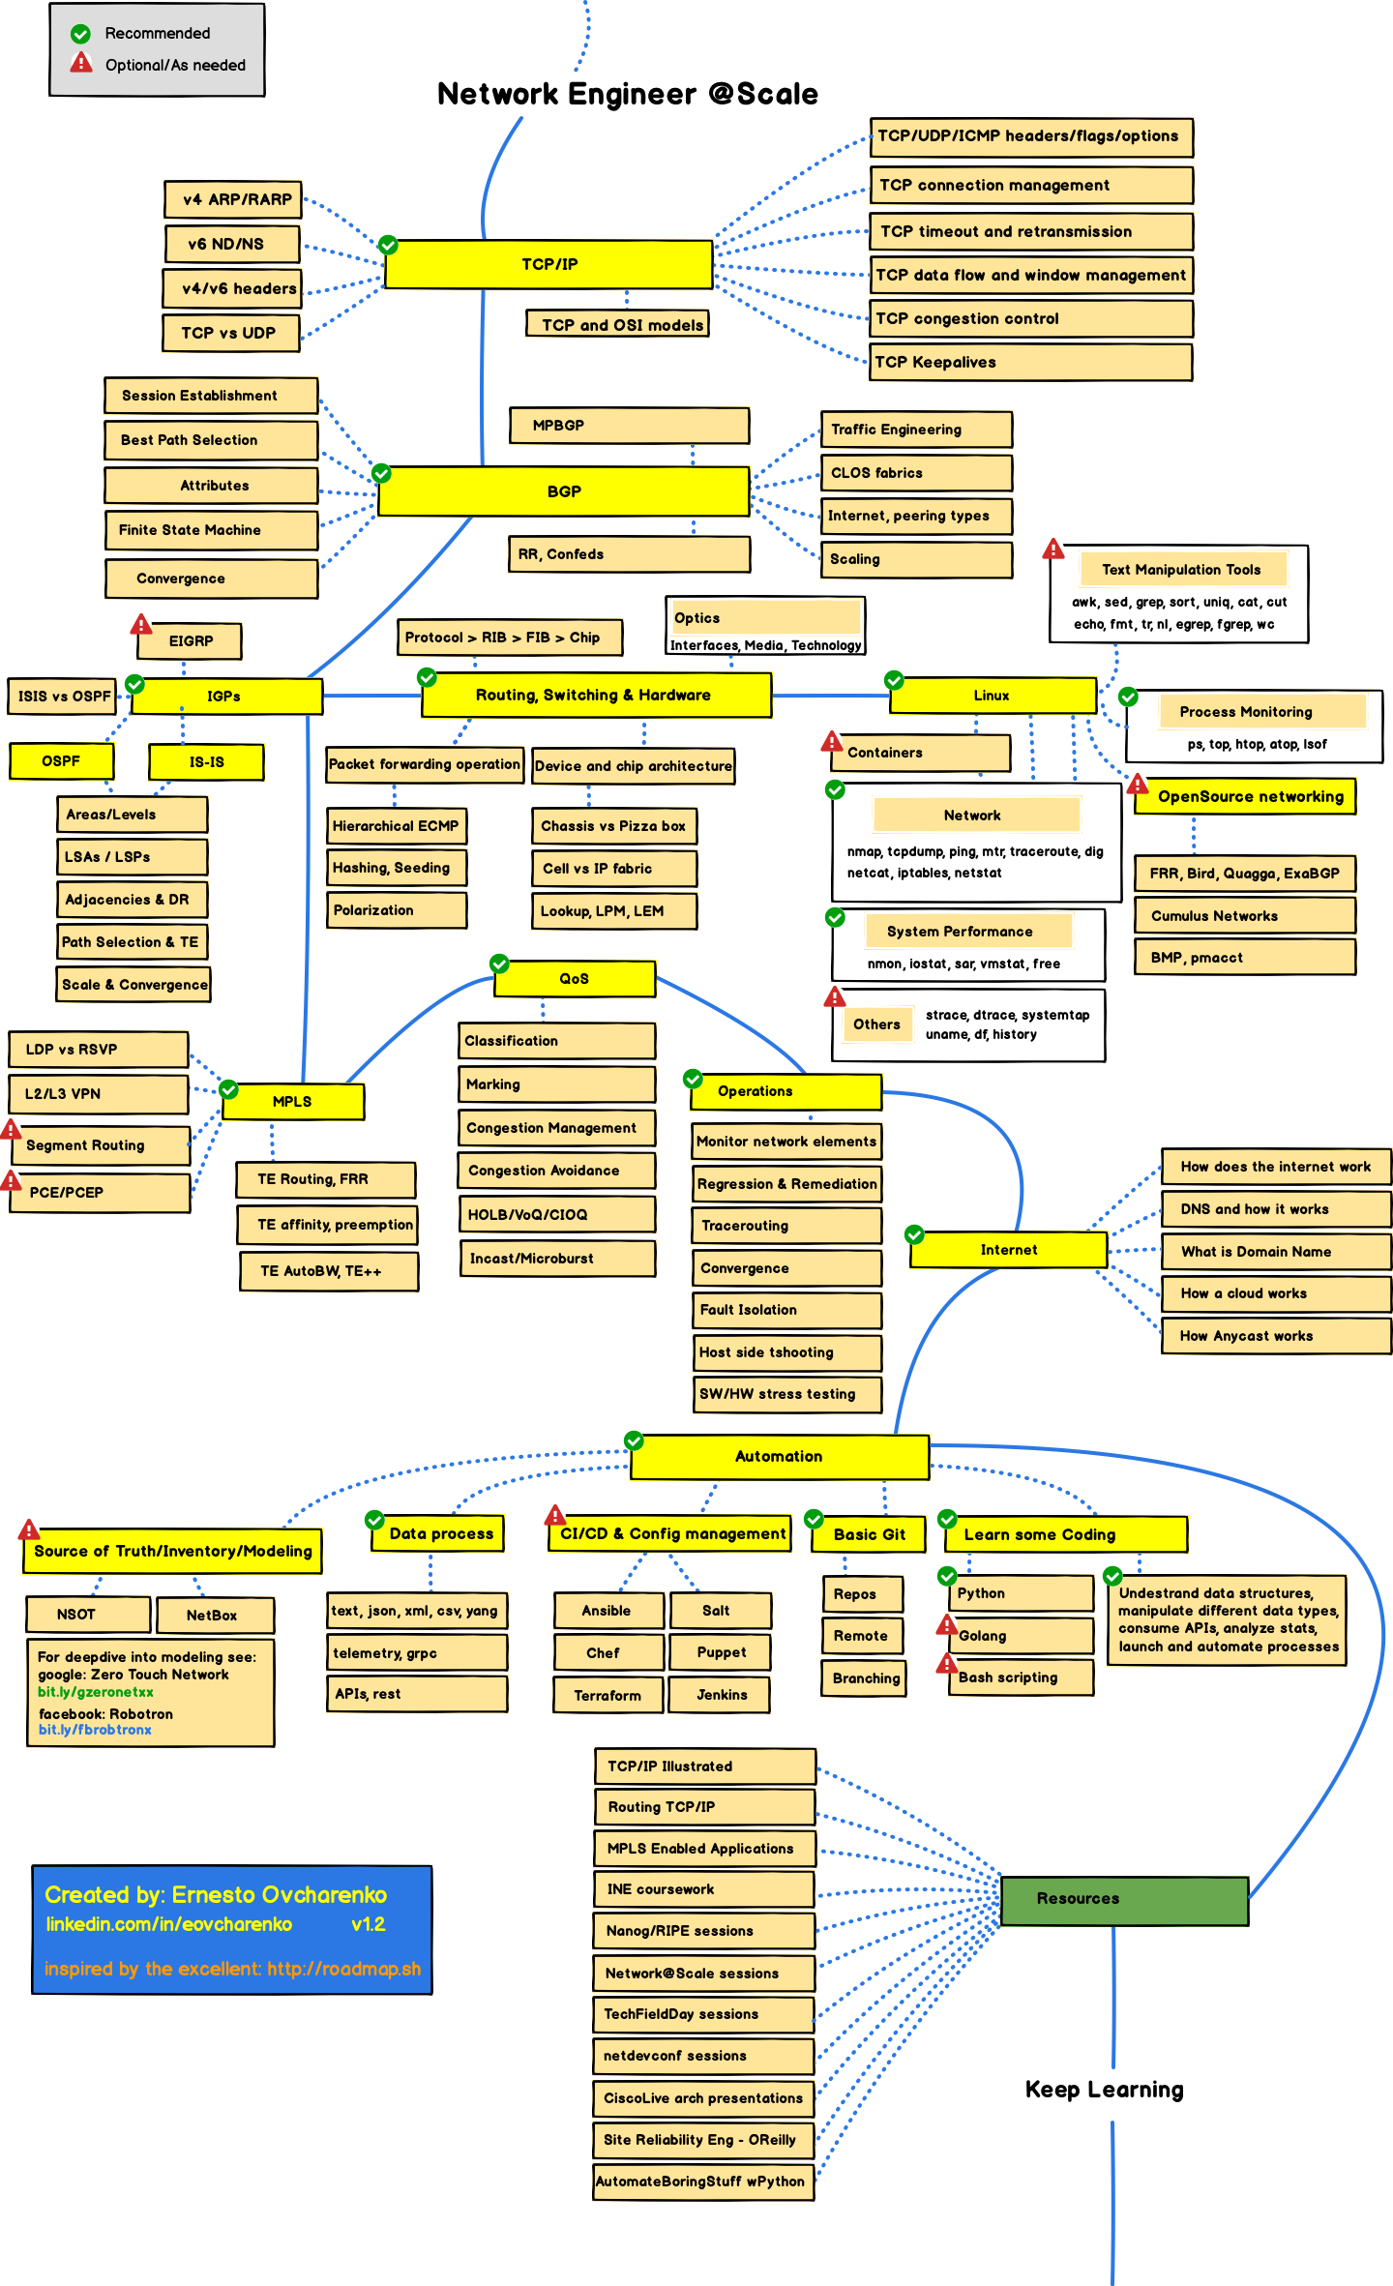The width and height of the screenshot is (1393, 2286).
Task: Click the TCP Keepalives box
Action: (x=1030, y=363)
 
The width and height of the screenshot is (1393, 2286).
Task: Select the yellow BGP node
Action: (x=564, y=491)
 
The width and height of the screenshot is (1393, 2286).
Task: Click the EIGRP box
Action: (x=190, y=641)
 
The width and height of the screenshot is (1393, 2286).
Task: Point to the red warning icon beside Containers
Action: (x=832, y=742)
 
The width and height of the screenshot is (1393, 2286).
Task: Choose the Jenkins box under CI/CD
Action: (x=721, y=1695)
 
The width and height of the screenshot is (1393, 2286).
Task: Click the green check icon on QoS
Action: (x=499, y=964)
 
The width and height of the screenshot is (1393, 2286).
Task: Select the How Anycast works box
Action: (x=1275, y=1336)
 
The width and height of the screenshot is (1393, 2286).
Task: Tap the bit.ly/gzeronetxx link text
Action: (x=95, y=1692)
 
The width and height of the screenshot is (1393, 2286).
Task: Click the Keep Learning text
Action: (x=1104, y=2090)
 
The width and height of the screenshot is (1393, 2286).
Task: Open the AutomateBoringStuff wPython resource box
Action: (x=703, y=2182)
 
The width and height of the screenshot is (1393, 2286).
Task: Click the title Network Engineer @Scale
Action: (x=627, y=94)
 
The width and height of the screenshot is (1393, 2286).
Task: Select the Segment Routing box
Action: (x=100, y=1145)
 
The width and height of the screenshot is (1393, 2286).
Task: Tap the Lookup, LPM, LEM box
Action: (x=613, y=911)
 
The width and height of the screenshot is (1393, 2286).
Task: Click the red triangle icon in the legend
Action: (x=81, y=63)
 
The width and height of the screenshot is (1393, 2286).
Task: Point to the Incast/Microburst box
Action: (x=556, y=1259)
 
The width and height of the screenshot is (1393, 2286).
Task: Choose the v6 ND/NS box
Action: (x=231, y=245)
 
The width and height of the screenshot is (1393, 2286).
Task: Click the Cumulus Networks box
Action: (x=1244, y=916)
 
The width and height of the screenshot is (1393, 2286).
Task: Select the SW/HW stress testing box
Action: (x=785, y=1394)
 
